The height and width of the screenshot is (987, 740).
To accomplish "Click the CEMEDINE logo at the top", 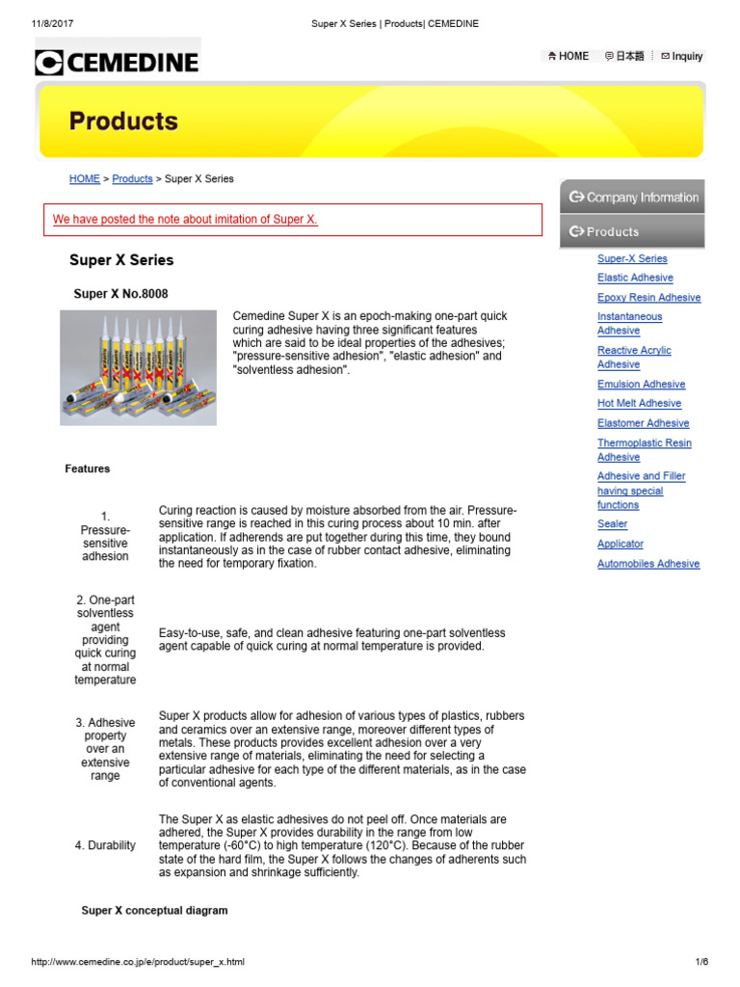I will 117,63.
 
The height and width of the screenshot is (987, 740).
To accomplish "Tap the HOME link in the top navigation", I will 568,56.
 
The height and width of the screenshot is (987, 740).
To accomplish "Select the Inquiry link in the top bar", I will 681,56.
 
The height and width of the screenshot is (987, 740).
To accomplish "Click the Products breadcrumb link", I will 132,179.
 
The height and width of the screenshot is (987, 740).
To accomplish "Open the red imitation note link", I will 185,220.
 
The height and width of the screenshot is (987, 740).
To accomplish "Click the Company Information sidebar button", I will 633,198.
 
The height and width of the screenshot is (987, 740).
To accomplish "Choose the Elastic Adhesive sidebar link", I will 635,278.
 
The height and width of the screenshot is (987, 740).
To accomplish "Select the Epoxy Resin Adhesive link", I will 648,298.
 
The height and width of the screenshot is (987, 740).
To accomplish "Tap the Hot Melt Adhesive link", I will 639,404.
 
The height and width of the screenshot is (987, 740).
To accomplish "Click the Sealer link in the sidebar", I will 612,524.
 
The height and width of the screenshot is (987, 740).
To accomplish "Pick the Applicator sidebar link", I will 620,544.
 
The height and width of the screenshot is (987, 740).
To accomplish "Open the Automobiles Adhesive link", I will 648,564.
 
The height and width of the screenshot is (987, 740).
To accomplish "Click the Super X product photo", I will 138,367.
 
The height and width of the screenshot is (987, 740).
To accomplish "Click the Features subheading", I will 88,469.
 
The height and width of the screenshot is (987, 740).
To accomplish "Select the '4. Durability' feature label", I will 105,845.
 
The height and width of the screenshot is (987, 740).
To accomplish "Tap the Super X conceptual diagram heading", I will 154,911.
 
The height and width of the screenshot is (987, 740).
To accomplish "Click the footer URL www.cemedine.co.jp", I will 138,962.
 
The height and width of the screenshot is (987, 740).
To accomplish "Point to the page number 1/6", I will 700,962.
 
